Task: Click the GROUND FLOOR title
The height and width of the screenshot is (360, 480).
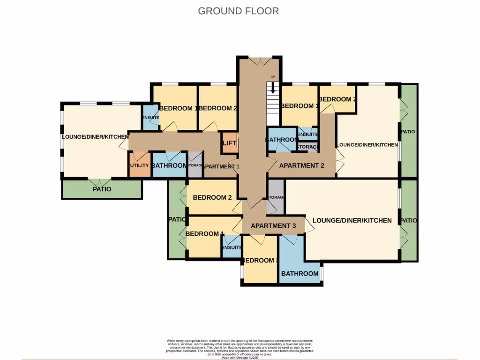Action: (x=238, y=11)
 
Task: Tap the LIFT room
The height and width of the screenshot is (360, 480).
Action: (x=229, y=143)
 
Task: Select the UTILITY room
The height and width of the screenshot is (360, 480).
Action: (x=139, y=165)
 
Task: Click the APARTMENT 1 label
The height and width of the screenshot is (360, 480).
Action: (x=222, y=166)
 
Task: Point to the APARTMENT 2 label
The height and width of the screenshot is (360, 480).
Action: (x=301, y=165)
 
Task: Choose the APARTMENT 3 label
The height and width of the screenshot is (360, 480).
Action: (x=273, y=225)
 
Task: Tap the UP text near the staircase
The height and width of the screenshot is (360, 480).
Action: (x=272, y=76)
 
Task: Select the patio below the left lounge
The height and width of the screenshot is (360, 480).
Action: (x=102, y=189)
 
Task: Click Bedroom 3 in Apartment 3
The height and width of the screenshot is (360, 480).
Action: (x=260, y=261)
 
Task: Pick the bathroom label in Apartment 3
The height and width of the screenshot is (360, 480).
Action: (x=300, y=273)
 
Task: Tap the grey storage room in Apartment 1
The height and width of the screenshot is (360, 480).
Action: (x=195, y=165)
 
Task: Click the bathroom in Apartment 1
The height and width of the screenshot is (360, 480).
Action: (x=169, y=165)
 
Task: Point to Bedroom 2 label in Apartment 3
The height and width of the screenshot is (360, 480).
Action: (x=212, y=197)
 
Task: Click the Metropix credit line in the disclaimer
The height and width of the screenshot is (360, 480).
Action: (x=240, y=358)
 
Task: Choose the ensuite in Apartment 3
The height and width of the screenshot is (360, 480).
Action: (x=232, y=248)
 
